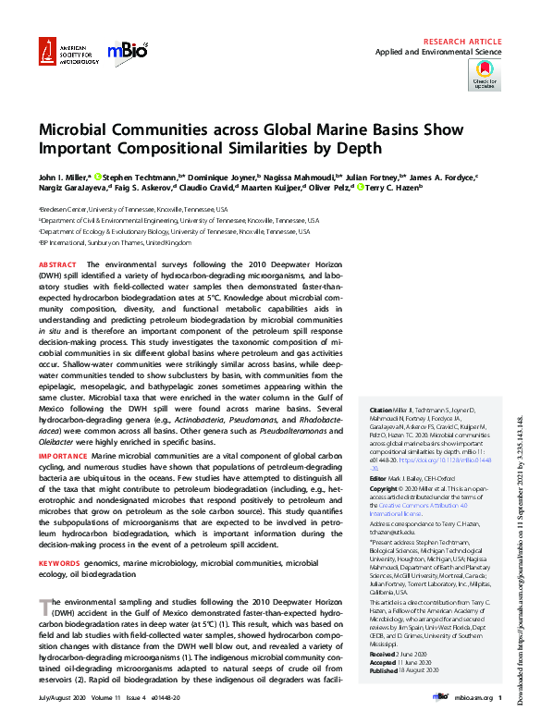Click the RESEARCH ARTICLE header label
(x=462, y=43)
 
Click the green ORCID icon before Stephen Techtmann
(x=97, y=176)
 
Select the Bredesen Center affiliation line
(x=133, y=210)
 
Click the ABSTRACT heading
(x=58, y=264)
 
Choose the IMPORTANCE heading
(x=63, y=456)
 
